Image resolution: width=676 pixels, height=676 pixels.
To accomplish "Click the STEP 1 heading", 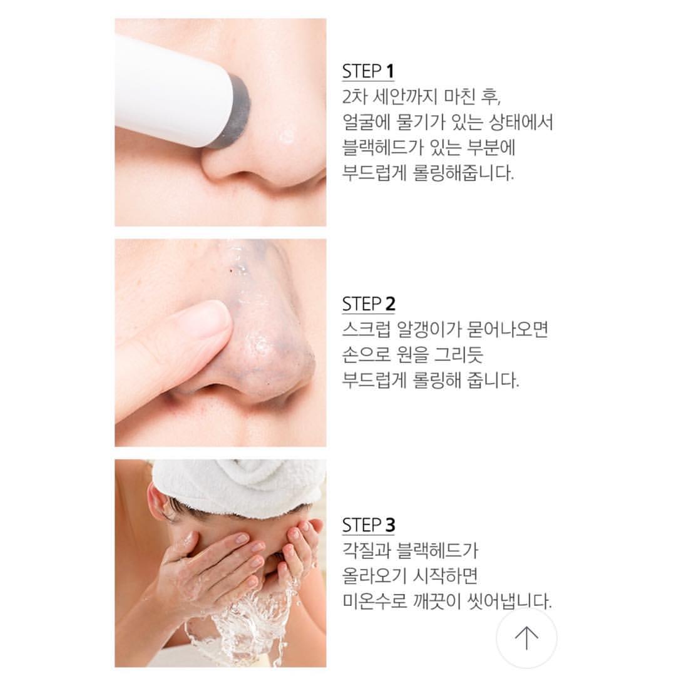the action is coord(368,71).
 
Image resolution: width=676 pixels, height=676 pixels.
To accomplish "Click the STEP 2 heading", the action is coord(369,304).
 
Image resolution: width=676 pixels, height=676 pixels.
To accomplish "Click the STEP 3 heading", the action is coord(369,525).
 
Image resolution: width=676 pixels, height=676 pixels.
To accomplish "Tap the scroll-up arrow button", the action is coord(526,638).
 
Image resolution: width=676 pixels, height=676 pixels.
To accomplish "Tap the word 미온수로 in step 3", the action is coord(375,601).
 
